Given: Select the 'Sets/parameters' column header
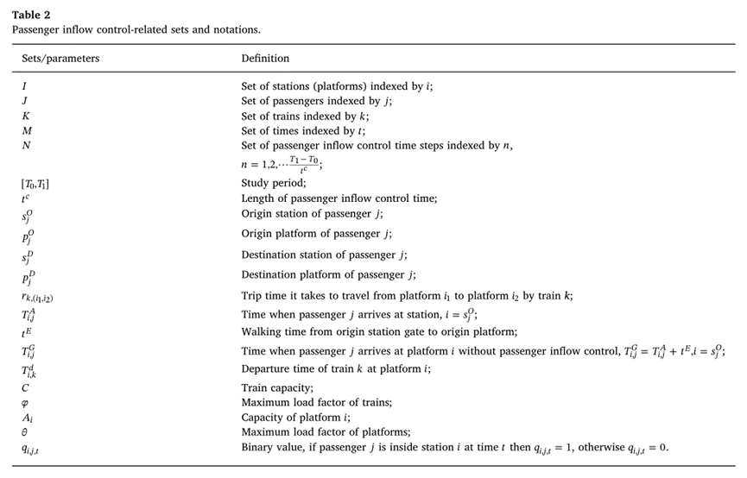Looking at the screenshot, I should [60, 59].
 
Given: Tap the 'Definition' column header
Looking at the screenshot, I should [265, 59].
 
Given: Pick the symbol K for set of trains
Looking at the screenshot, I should [26, 116].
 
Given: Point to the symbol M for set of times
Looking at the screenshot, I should [27, 130].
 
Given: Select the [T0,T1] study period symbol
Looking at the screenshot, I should [36, 184].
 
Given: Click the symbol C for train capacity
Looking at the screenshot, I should [25, 388].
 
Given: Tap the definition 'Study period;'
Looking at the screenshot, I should [269, 184].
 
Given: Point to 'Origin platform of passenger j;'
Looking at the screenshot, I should [311, 234].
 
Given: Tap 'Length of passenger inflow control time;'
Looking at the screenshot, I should [339, 198].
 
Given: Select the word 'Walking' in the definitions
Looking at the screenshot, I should [260, 330].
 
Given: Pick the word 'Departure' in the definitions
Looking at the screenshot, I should [264, 368].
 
